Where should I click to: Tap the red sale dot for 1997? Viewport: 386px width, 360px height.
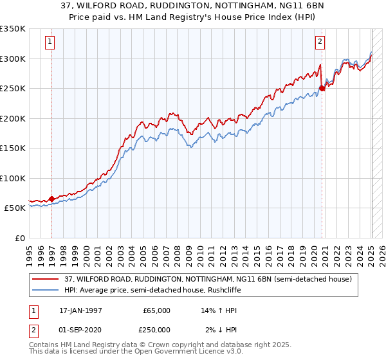[51, 199]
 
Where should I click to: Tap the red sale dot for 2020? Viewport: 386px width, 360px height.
[322, 89]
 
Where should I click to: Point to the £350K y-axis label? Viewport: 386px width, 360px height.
[12, 29]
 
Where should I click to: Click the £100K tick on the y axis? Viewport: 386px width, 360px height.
[12, 178]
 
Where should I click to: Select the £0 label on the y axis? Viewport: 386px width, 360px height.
[20, 238]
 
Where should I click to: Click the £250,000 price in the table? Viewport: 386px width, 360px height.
[156, 329]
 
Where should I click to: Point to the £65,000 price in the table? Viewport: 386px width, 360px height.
[156, 310]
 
